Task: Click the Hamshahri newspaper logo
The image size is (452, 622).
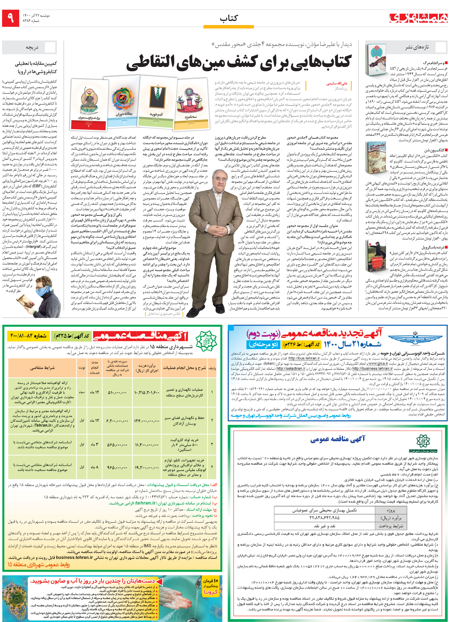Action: point(418,18)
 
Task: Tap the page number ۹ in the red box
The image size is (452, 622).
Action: point(11,18)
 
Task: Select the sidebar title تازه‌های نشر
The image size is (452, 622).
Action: point(417,47)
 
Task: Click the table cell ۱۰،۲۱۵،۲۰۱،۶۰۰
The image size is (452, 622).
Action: point(146,392)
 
